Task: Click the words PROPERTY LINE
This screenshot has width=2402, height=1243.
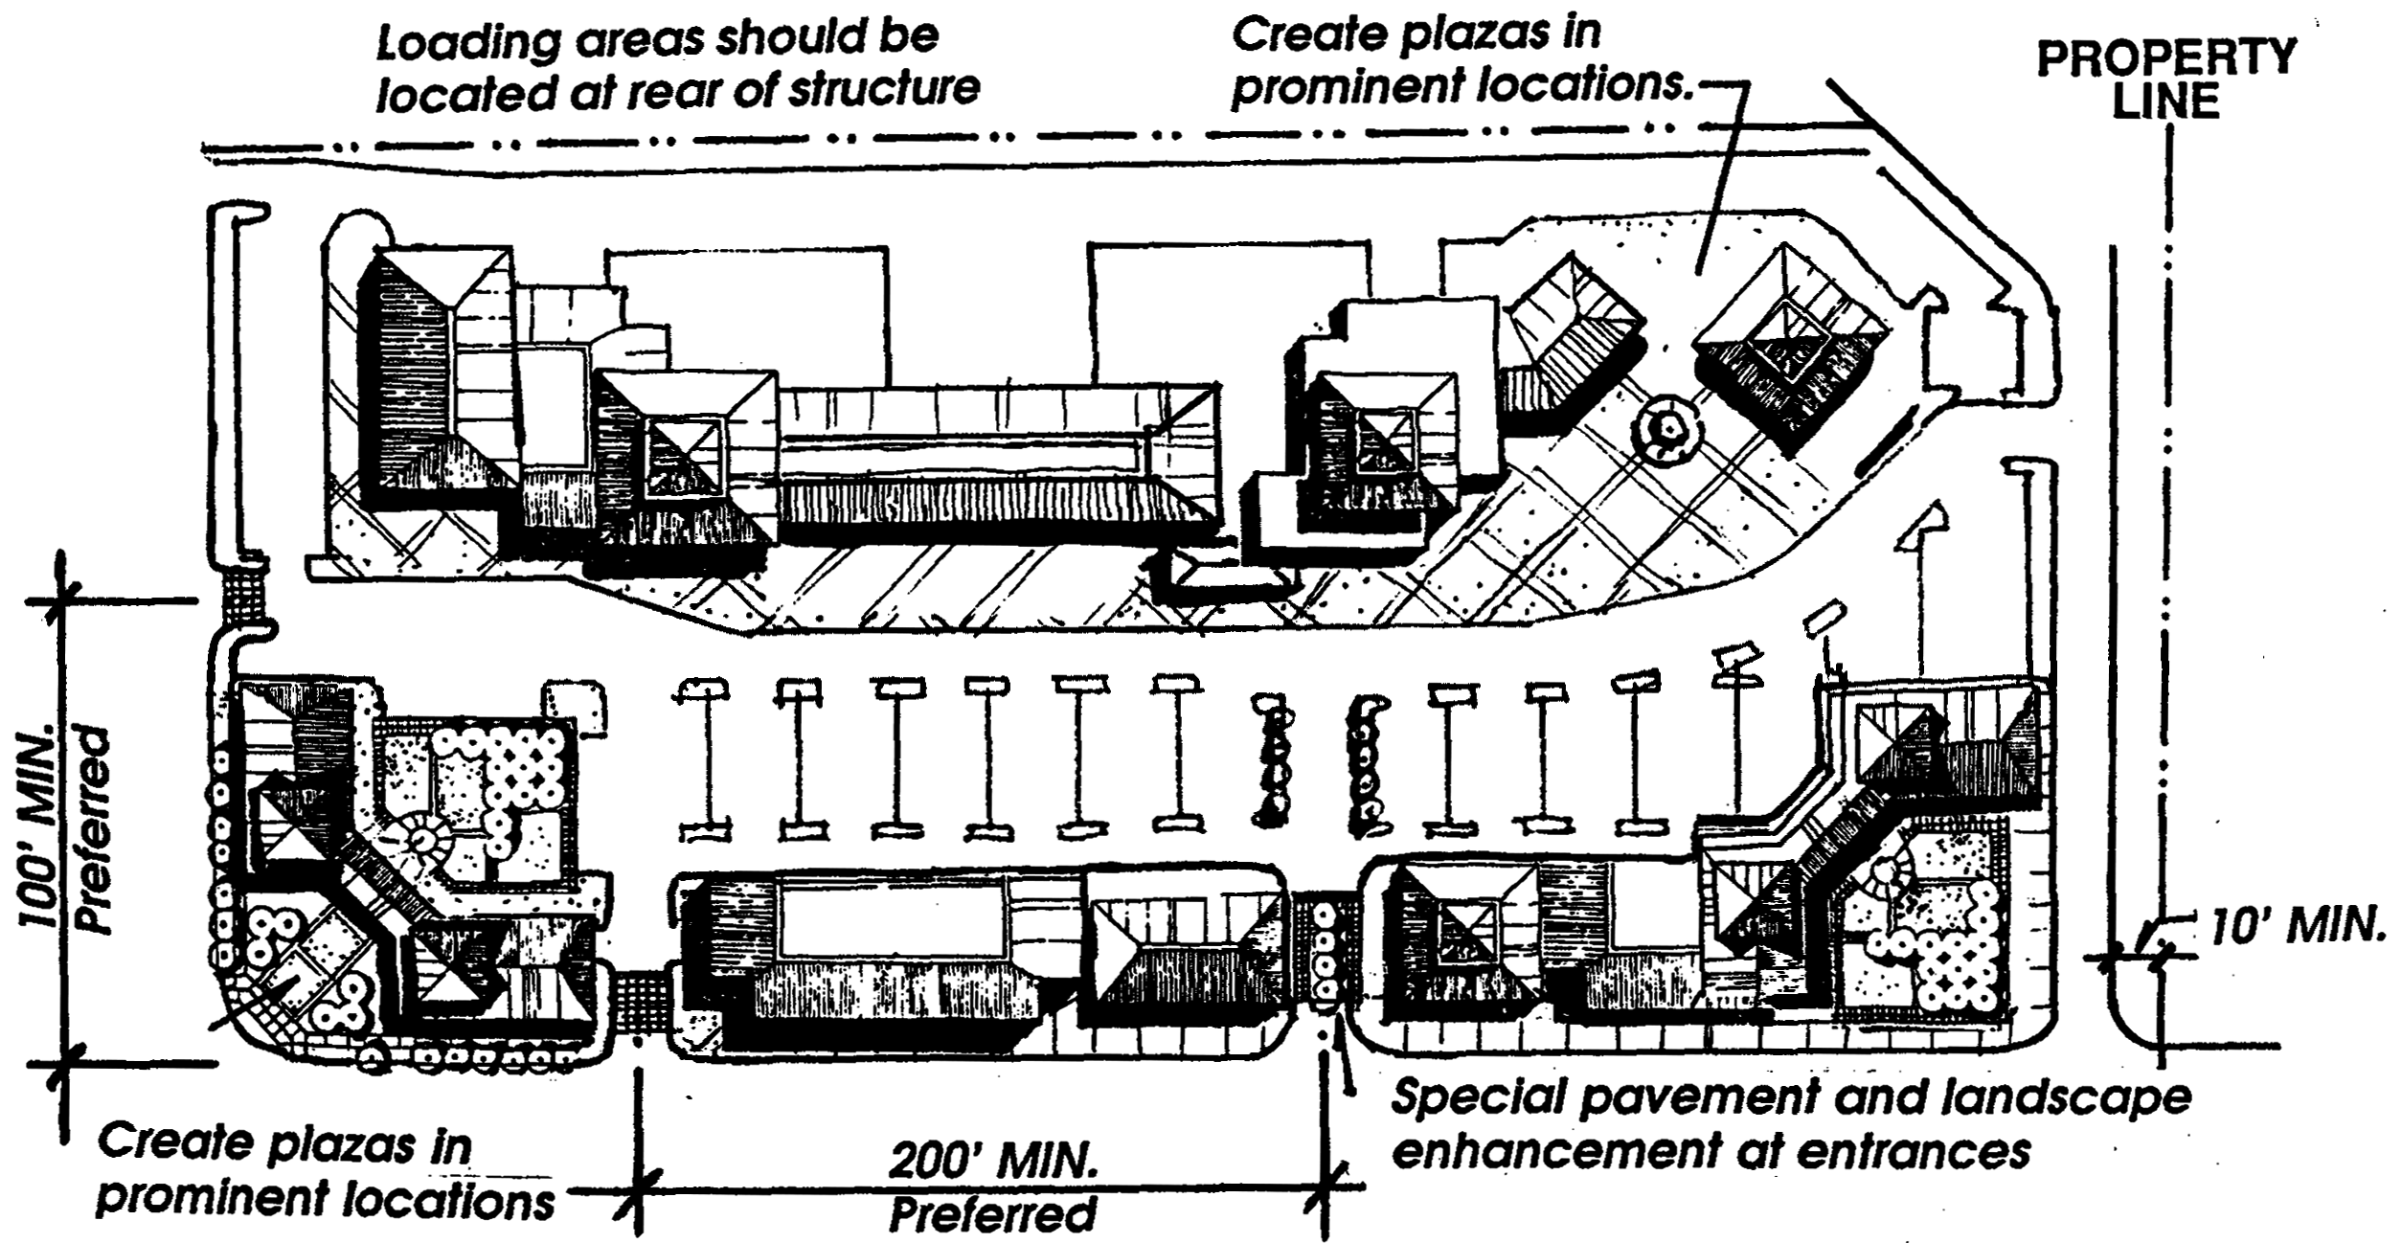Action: [x=2165, y=79]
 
